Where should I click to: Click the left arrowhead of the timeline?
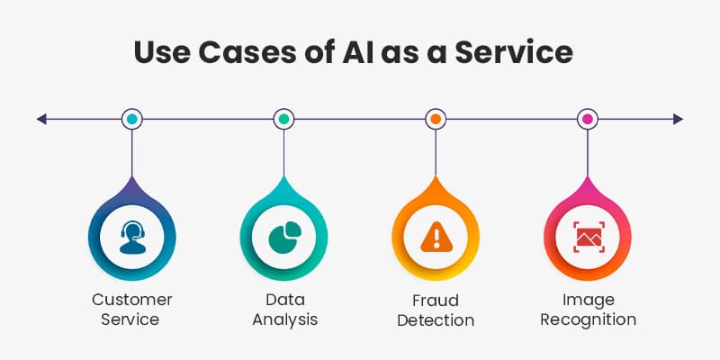(x=41, y=119)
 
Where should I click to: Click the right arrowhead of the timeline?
(x=678, y=119)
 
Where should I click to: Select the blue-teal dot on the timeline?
(x=132, y=119)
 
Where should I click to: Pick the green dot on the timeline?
(x=283, y=119)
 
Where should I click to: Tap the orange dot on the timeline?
(x=436, y=119)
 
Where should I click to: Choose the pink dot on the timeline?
(x=587, y=119)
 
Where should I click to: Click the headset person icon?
(x=132, y=237)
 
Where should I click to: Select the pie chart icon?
(x=283, y=237)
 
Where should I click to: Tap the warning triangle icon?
(x=436, y=237)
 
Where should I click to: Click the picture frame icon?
(x=587, y=237)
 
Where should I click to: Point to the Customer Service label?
(x=132, y=309)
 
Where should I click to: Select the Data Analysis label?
(x=283, y=309)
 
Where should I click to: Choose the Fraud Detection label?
(x=436, y=309)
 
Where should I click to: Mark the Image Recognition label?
(x=587, y=309)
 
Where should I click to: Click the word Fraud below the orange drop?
(x=436, y=299)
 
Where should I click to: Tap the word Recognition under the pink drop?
(x=587, y=319)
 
